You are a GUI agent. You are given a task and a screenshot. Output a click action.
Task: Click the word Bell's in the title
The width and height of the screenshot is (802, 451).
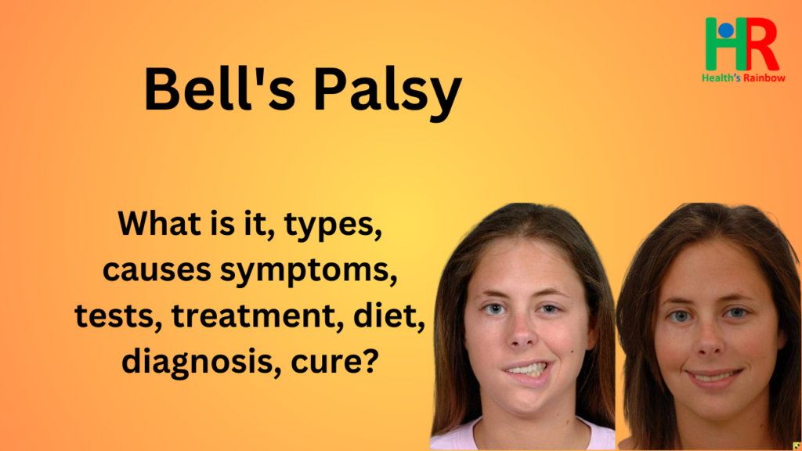(219, 88)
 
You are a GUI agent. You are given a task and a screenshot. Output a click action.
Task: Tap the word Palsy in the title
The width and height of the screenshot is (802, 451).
(388, 92)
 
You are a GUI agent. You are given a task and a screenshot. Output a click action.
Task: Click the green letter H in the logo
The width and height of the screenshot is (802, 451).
(721, 45)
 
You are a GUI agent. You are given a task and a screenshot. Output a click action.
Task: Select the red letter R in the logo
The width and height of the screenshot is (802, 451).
(760, 44)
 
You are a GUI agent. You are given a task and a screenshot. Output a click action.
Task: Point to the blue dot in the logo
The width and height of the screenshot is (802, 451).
(725, 31)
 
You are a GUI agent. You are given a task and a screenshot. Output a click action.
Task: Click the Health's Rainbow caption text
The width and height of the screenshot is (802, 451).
(743, 78)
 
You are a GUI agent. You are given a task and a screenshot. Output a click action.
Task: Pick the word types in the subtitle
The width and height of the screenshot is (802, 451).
(333, 225)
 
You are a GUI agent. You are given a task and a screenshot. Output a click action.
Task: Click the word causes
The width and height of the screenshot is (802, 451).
(157, 270)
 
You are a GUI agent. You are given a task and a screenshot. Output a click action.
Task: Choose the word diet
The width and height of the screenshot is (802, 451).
(388, 316)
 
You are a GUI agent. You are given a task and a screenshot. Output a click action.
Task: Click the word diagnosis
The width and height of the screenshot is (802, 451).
(200, 362)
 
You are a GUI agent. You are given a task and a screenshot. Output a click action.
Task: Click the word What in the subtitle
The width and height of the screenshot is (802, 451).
(160, 223)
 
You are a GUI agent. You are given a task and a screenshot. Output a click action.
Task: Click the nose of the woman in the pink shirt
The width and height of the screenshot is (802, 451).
(521, 335)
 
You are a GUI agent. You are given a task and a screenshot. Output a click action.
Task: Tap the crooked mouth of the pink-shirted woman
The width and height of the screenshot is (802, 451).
(528, 370)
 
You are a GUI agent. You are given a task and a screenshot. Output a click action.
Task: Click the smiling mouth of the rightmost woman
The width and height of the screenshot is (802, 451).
(714, 377)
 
